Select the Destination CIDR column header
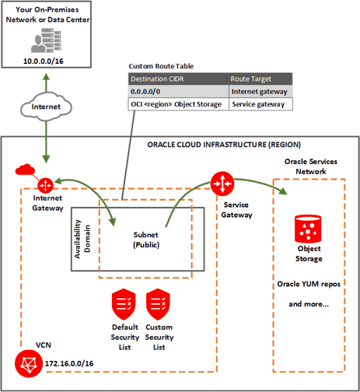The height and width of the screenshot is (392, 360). pos(159,79)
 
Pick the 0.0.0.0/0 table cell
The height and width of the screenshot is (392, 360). pos(148,91)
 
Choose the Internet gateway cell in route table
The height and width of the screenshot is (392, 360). pos(260,91)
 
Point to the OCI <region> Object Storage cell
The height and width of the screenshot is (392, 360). pos(177,103)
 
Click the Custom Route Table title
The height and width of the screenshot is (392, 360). pos(160,66)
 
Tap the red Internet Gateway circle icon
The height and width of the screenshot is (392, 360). pos(45,185)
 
